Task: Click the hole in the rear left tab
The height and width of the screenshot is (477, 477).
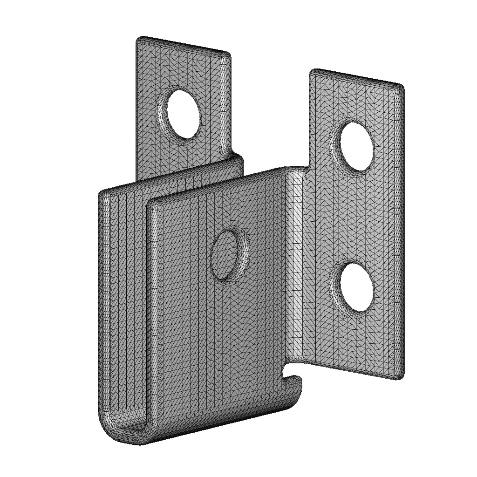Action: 184,114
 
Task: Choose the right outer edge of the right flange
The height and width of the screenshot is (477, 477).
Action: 402,233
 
